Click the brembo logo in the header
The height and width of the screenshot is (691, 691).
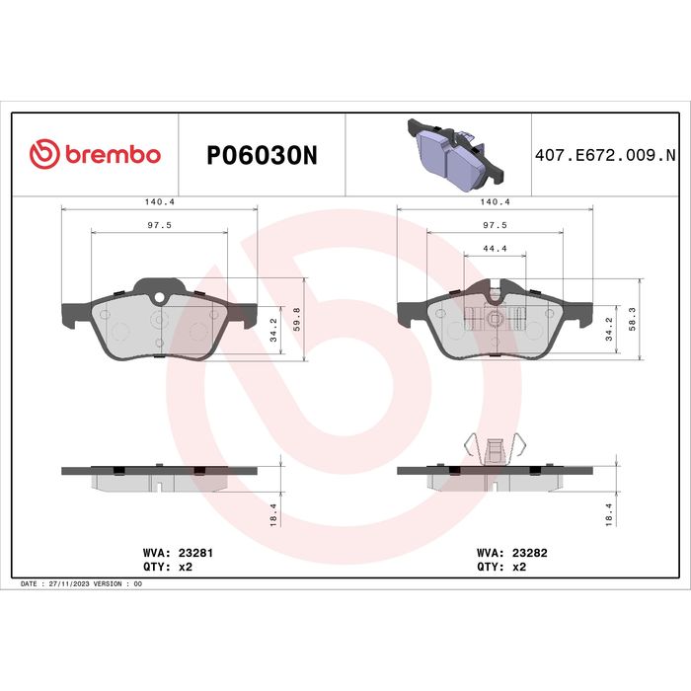coord(95,154)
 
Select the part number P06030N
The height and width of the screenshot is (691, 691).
coord(262,155)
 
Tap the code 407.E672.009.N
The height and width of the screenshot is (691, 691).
coord(605,155)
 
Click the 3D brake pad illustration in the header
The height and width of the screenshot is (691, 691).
coord(455,155)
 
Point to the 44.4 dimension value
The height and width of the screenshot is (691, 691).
coord(495,249)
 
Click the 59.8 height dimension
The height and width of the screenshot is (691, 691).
coord(296,319)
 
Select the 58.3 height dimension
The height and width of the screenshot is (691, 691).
coord(633,319)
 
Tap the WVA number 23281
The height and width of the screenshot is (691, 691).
coord(195,553)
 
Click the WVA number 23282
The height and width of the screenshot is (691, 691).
coord(529,553)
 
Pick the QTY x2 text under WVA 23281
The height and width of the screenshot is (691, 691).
coord(168,567)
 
